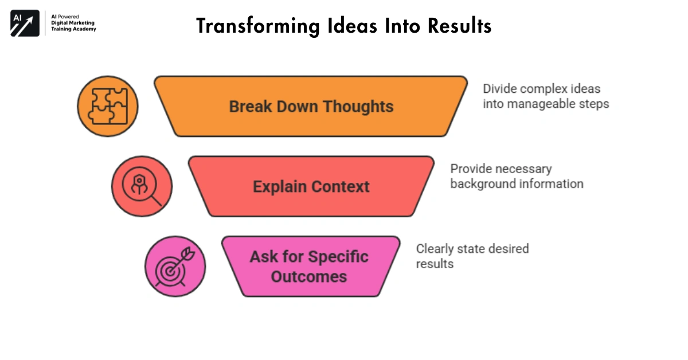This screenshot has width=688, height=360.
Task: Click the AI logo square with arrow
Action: (x=25, y=24)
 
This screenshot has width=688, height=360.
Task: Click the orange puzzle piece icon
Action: (x=107, y=106)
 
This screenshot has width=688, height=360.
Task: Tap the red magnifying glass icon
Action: (x=142, y=186)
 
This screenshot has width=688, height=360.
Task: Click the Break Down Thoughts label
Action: (x=311, y=107)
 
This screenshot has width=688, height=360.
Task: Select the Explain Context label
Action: (x=311, y=187)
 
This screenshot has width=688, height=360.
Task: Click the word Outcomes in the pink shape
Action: (x=308, y=276)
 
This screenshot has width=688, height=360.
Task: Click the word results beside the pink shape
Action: (x=435, y=264)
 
